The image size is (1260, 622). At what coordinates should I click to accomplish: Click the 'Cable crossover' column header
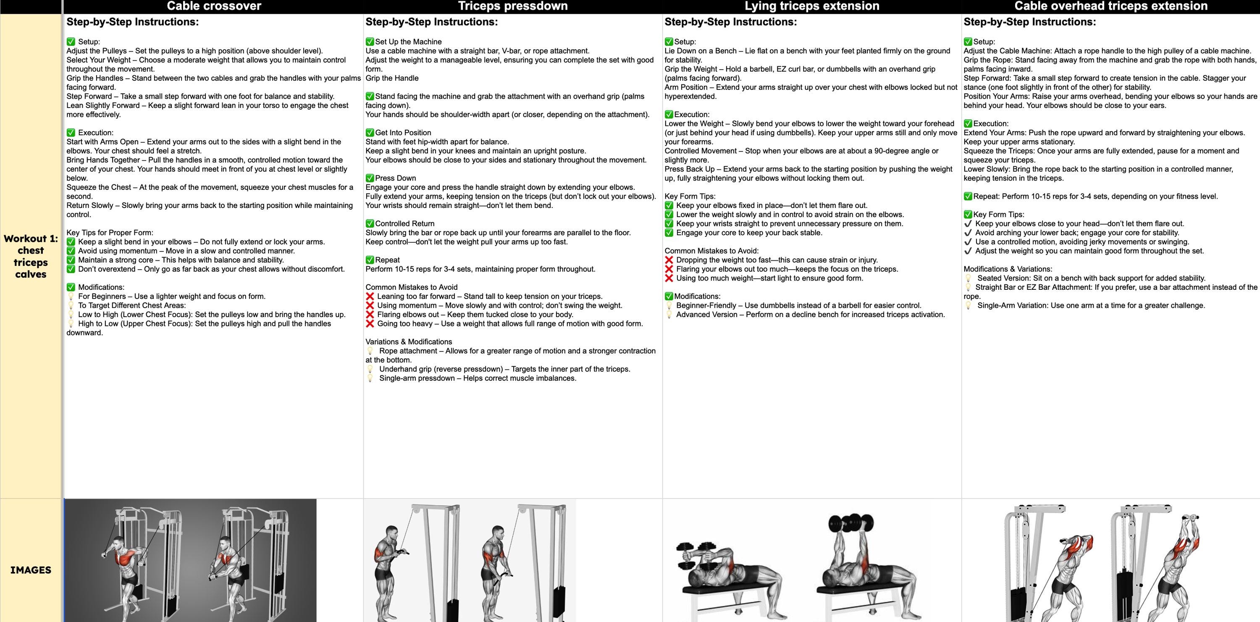coord(214,6)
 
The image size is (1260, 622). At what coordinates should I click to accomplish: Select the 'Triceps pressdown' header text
coord(512,6)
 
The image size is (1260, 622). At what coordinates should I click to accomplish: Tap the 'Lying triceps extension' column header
coord(811,6)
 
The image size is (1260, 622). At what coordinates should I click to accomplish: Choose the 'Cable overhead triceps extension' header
coord(1111,6)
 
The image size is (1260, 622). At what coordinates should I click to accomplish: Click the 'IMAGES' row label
coord(31,570)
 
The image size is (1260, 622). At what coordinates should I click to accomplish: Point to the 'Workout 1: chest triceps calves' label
coord(31,256)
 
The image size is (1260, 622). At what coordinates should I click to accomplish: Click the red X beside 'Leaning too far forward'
coord(370,297)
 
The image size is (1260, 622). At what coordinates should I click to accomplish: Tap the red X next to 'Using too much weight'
coord(669,278)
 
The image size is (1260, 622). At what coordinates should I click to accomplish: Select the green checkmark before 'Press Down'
coord(370,178)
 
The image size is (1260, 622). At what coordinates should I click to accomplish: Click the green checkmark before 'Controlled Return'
coord(370,223)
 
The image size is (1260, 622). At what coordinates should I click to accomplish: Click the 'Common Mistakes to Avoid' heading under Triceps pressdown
coord(411,287)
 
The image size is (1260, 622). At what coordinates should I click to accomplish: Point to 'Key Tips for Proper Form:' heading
coord(110,233)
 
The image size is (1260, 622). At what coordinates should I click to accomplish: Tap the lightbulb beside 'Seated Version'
coord(968,278)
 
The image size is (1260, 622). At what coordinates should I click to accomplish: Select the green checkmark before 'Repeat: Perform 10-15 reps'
coord(968,197)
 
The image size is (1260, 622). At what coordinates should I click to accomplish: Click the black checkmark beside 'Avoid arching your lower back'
coord(968,233)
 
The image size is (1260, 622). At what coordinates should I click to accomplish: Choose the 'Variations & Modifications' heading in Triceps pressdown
coord(408,342)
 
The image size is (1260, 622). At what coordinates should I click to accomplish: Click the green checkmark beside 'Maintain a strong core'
coord(71,260)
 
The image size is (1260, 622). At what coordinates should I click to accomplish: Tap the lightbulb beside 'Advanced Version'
coord(669,315)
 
